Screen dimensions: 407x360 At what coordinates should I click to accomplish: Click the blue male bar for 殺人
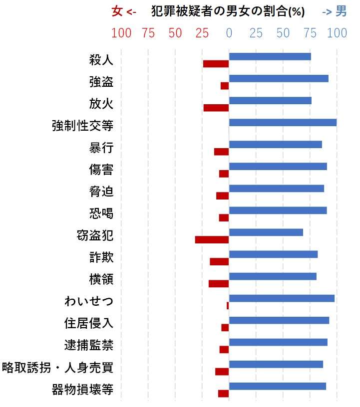tap(270, 56)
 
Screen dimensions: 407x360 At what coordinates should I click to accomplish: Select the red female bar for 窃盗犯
tap(212, 239)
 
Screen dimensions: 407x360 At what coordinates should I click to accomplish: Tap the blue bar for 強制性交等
tap(283, 122)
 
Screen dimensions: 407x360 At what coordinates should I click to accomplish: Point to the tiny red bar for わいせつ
tap(228, 305)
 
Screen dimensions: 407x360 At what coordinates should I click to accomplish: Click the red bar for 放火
tap(216, 108)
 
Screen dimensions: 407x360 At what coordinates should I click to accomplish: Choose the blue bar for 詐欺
tap(273, 254)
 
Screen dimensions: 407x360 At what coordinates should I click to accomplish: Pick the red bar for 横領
tap(218, 283)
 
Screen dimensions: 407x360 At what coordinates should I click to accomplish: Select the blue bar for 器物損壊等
tap(277, 386)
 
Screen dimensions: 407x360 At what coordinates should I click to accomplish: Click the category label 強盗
tap(101, 82)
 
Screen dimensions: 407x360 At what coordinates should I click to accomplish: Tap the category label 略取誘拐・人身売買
tap(58, 368)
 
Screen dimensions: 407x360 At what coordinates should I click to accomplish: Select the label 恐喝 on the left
tap(101, 214)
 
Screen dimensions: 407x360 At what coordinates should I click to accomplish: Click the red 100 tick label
tap(121, 33)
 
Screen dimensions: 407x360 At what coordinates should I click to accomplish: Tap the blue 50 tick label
tap(283, 33)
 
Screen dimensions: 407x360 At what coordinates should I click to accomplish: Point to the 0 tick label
tap(229, 33)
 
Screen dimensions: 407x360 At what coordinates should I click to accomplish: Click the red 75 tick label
tap(148, 33)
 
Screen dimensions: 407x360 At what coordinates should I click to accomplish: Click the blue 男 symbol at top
tap(341, 11)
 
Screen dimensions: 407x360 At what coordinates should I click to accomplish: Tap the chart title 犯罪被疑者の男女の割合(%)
tap(228, 12)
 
